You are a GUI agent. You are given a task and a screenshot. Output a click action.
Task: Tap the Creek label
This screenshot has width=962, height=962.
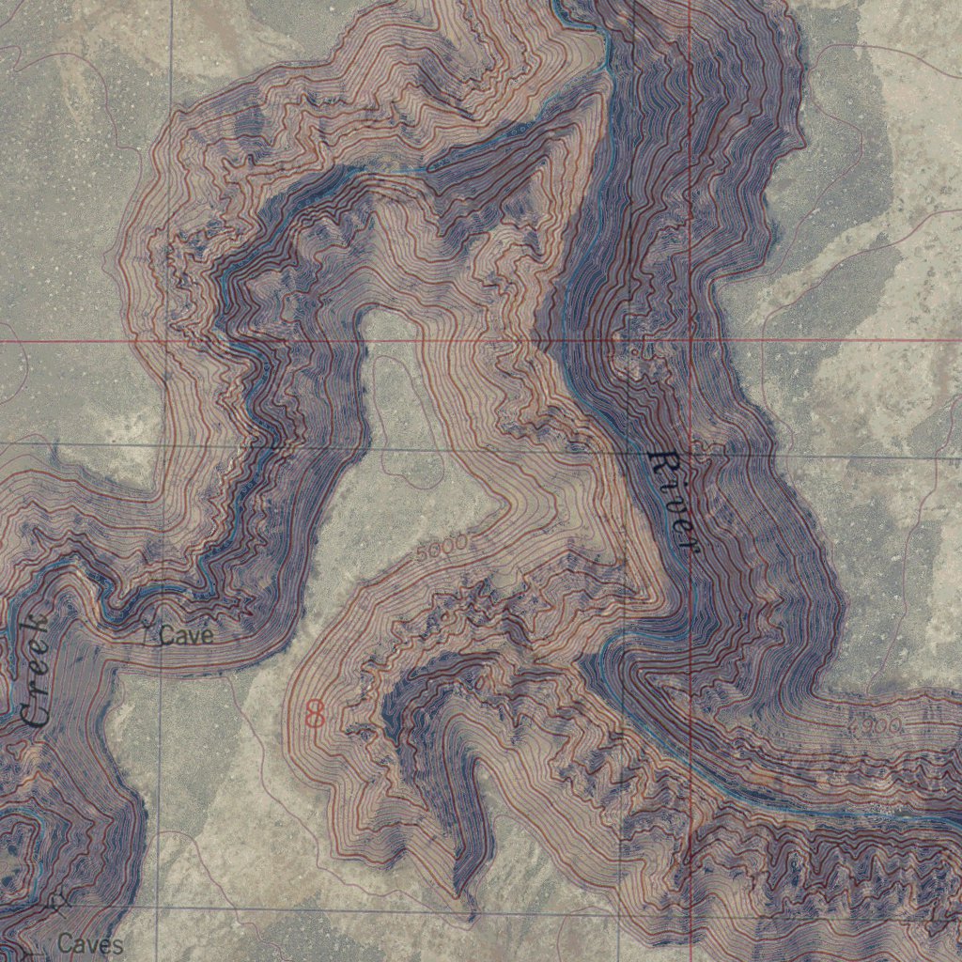point(35,672)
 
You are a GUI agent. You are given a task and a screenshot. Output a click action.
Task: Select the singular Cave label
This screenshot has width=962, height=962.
point(186,636)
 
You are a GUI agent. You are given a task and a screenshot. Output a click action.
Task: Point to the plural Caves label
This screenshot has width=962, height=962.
point(90,943)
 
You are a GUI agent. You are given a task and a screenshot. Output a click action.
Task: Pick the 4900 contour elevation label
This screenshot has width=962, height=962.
point(875,724)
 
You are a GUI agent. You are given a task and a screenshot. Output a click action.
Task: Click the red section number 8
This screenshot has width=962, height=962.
point(315,714)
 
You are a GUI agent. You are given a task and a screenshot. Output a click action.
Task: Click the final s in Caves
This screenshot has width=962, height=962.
point(116,944)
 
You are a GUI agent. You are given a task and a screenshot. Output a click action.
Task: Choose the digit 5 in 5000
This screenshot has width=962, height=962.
point(422,556)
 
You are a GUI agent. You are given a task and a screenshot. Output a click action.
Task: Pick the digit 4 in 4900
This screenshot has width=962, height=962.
point(854,722)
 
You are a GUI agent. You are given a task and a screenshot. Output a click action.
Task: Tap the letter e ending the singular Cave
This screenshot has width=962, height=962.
point(208,637)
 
